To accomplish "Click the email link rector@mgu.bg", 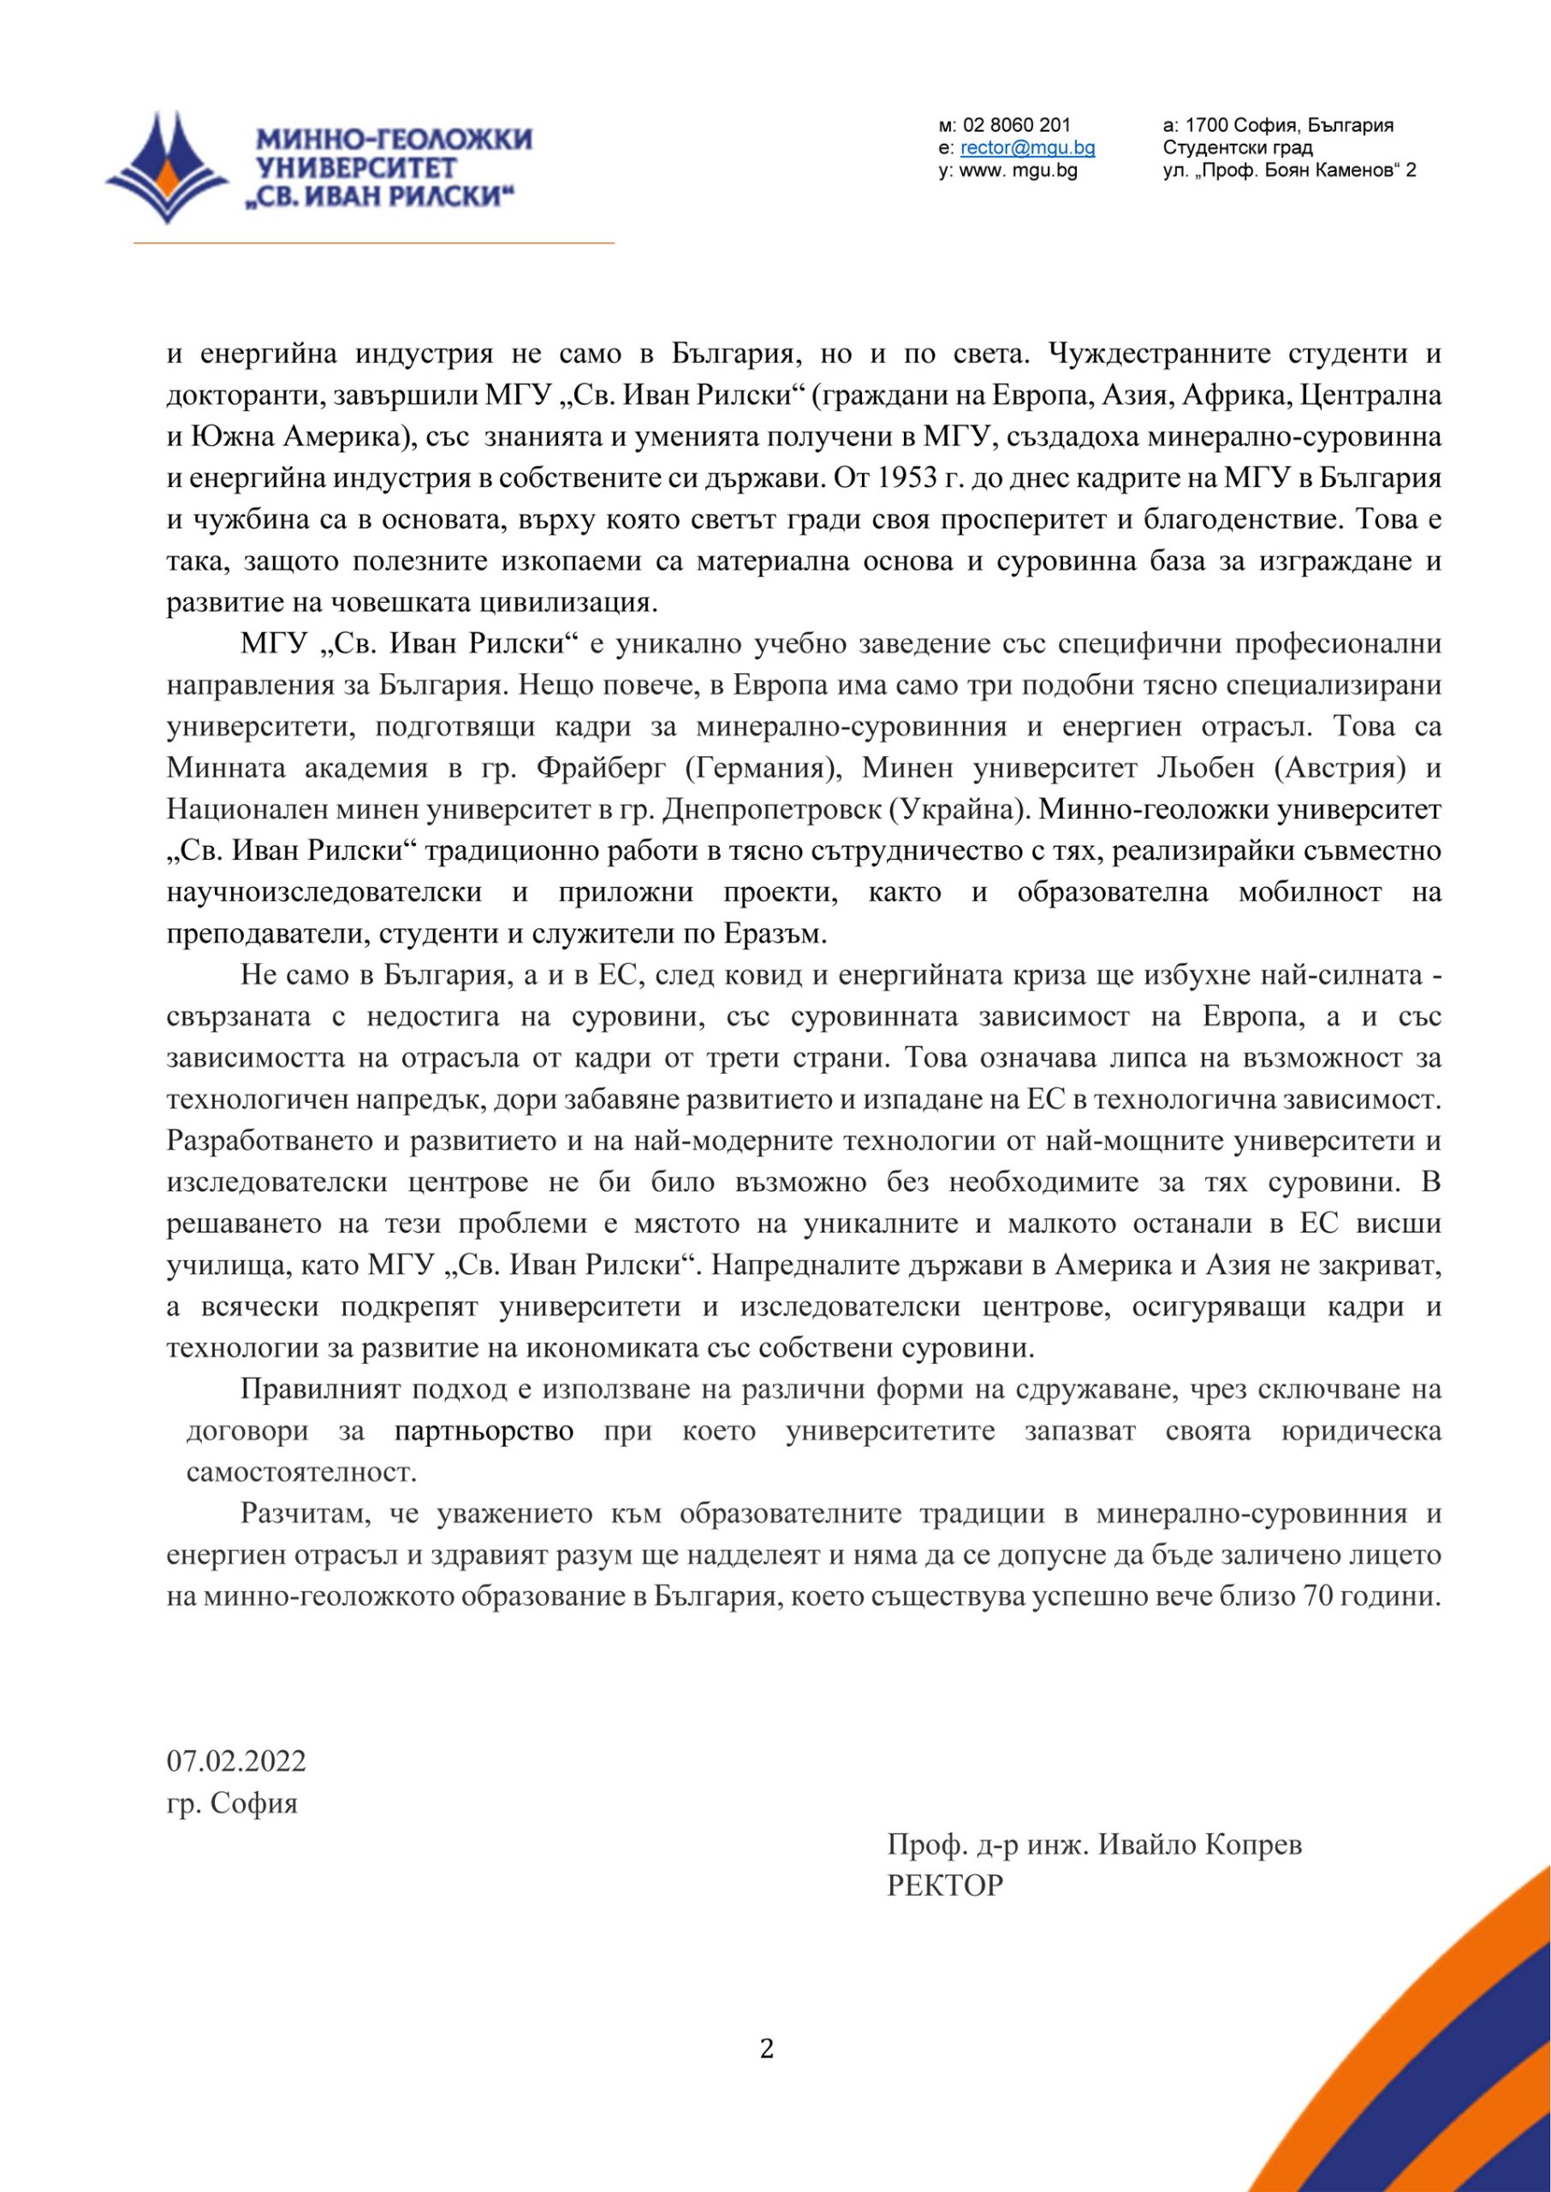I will (1028, 148).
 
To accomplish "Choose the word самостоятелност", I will (302, 1472).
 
